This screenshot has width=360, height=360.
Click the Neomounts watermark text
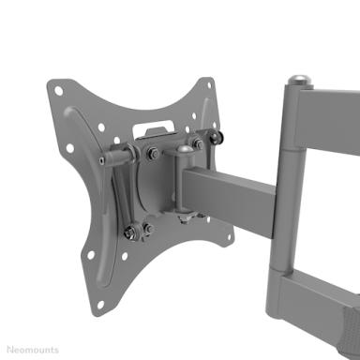coord(33,350)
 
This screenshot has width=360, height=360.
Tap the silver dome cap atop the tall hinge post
coord(300,81)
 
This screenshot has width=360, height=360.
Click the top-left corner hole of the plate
coord(58,91)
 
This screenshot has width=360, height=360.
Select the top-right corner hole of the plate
coord(209,85)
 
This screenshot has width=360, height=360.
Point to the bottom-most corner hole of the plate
coord(100,304)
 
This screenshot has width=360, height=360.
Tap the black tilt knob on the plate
coord(215,137)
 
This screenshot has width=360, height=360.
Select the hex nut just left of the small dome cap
coord(153,153)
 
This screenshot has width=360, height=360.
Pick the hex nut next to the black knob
coord(198,144)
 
